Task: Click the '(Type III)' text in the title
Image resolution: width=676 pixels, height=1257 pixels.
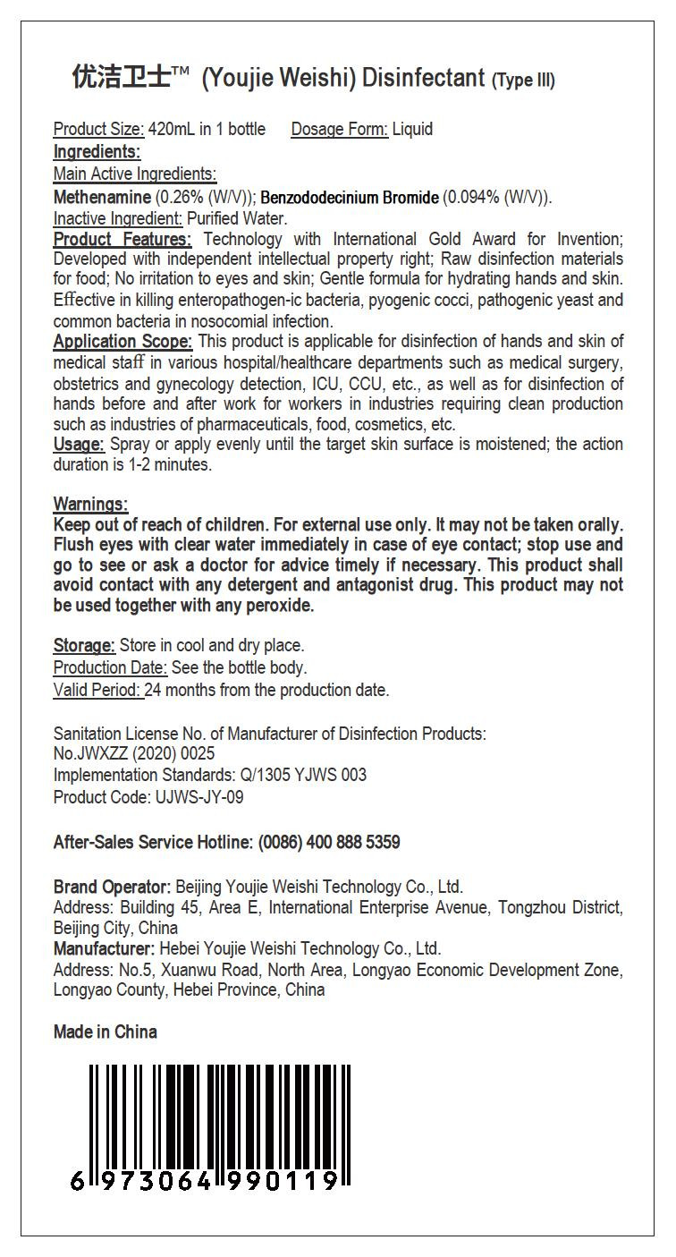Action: tap(523, 81)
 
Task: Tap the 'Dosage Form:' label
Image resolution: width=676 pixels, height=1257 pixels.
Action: tap(340, 129)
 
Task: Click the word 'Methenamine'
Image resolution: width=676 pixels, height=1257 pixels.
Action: tap(103, 197)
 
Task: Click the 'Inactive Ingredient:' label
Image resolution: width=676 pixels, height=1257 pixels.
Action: tap(118, 218)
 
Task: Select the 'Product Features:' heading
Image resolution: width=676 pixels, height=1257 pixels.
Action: tap(123, 239)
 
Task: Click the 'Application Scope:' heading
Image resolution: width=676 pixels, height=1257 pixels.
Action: tap(123, 342)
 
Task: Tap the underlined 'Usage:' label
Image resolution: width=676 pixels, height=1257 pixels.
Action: tap(80, 445)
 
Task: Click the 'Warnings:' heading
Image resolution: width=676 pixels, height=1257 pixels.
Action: tap(90, 505)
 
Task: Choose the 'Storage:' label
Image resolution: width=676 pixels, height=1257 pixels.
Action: tap(84, 645)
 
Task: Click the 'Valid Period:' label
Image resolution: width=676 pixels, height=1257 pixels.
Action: tap(97, 690)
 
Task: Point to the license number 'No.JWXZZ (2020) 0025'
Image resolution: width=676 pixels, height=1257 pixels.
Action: tap(134, 754)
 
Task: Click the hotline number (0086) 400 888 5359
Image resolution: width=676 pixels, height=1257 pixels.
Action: tap(329, 842)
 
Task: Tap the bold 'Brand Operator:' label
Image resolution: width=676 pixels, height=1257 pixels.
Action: tap(112, 887)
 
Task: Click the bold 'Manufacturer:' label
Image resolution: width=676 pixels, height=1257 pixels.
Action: tap(104, 948)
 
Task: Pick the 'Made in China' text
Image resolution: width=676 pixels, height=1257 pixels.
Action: tap(105, 1032)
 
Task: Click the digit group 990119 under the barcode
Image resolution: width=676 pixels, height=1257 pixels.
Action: tap(283, 1181)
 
